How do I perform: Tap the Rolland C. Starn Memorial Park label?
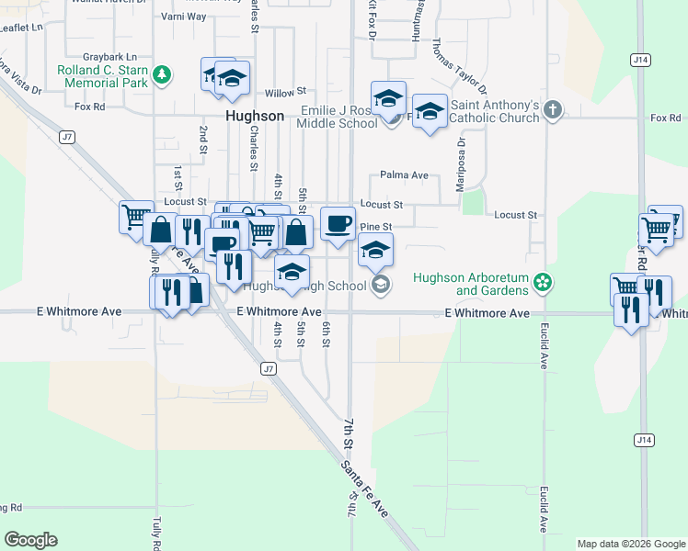click(103, 75)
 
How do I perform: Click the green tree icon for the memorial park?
click(162, 73)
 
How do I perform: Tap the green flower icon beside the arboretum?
click(544, 281)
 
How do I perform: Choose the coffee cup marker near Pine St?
click(338, 223)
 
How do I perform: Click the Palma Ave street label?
click(405, 174)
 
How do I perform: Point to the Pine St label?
click(376, 226)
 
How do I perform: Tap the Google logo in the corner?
click(30, 540)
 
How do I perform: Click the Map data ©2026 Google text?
click(630, 544)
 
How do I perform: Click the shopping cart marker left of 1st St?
click(136, 217)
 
